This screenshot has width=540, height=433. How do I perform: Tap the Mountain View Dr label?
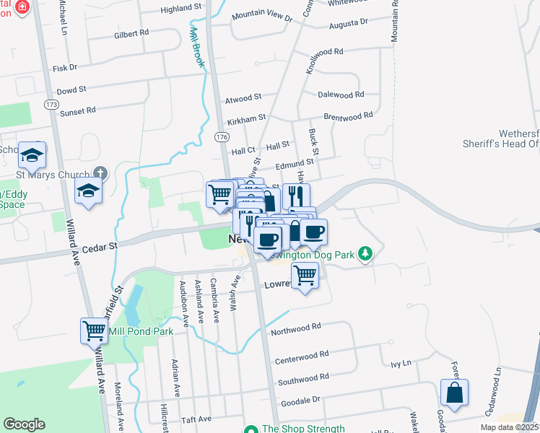point(261,17)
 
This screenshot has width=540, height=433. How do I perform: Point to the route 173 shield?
point(51,105)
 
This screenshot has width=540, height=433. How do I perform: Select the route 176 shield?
point(221,136)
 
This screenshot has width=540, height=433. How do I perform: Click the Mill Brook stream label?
point(196,48)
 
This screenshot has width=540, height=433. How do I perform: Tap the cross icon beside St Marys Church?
point(100,174)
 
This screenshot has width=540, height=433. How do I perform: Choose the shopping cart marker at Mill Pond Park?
point(95,331)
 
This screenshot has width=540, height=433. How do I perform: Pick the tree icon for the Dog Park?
point(366,253)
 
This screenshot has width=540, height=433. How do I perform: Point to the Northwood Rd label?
point(295,329)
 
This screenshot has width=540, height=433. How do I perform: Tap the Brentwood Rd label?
point(348,115)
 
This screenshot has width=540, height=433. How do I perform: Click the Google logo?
point(24,424)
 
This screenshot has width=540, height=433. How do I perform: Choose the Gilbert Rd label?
point(131,33)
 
